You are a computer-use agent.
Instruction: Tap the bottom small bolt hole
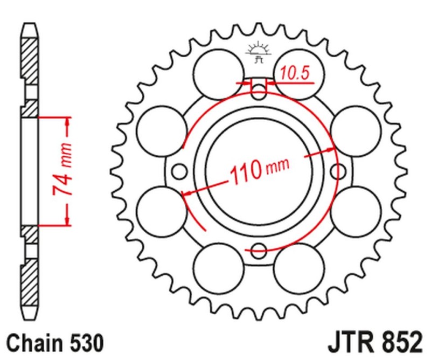click(260, 250)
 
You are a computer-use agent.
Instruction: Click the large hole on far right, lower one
click(353, 210)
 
